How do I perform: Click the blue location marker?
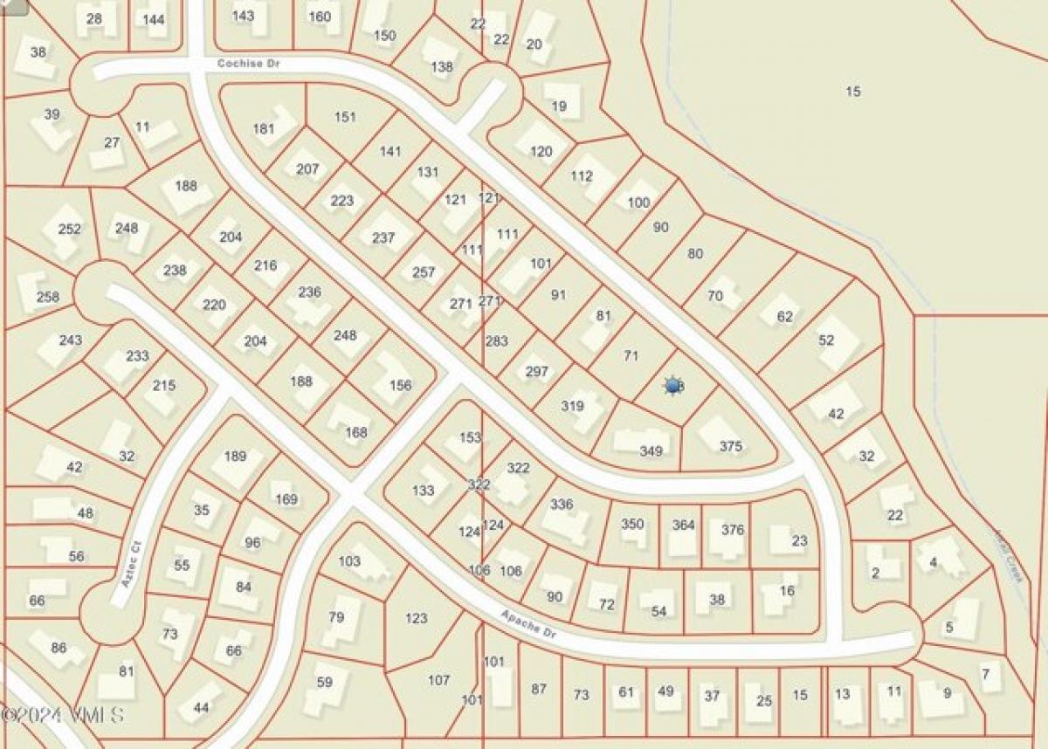point(672,385)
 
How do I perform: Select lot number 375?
point(731,446)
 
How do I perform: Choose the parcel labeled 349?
point(651,450)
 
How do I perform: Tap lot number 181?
point(264,128)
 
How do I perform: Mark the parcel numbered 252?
point(69,229)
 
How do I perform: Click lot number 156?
point(400,385)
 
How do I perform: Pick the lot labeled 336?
point(562,504)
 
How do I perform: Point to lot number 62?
point(784,316)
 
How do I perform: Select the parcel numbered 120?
point(541,151)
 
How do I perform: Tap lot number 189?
point(235,456)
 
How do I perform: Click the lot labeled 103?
point(348,561)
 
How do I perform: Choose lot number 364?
point(683,525)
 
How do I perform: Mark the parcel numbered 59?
point(324,682)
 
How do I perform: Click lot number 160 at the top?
point(320,16)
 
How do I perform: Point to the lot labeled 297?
point(536,371)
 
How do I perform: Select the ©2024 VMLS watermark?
point(63,715)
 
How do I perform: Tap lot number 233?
point(137,355)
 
